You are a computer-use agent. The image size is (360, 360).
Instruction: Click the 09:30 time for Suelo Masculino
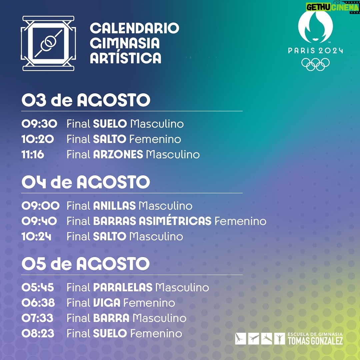[x=39, y=124]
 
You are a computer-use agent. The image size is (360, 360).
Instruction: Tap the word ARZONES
[x=118, y=155]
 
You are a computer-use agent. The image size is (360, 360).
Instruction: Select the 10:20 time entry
[x=38, y=139]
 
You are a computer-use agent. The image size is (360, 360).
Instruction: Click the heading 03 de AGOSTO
[x=86, y=100]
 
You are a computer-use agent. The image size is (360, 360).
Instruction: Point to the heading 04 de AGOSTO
[x=86, y=182]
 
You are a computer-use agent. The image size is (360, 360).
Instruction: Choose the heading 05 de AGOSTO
[x=85, y=264]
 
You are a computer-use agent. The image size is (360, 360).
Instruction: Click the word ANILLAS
[x=114, y=206]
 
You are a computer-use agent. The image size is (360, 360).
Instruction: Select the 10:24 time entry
[x=36, y=236]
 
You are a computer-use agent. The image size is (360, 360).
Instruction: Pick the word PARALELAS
[x=123, y=287]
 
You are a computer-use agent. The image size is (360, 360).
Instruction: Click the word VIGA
[x=107, y=303]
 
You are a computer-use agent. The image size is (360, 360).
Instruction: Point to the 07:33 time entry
[x=37, y=318]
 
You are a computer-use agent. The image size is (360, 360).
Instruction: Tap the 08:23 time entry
[x=38, y=334]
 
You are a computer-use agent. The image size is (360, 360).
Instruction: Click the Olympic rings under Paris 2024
[x=315, y=64]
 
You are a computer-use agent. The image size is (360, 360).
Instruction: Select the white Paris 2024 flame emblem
[x=315, y=27]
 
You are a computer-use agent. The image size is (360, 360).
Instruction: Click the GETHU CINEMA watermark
[x=332, y=7]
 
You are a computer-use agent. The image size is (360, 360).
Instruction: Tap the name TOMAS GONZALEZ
[x=315, y=341]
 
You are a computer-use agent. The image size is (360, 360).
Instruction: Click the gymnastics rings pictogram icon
[x=48, y=43]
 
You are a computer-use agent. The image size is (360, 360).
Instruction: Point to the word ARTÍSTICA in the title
[x=126, y=58]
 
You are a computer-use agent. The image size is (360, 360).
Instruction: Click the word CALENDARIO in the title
[x=134, y=28]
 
